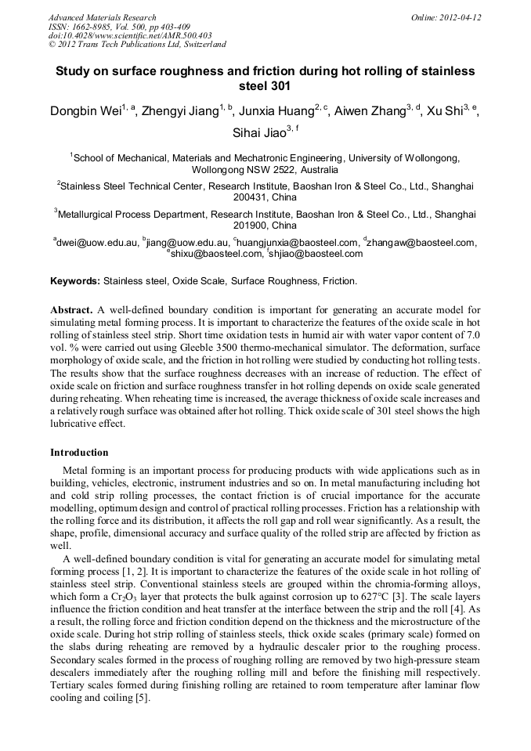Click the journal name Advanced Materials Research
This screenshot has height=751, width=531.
coord(102,17)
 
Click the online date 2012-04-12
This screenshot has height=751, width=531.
coord(461,17)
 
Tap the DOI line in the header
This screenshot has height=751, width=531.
coord(130,35)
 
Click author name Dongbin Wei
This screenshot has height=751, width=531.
coord(85,112)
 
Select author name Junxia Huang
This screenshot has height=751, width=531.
coord(277,112)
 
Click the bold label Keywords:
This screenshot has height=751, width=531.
coord(75,280)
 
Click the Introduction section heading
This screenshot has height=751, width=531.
coord(79,453)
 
